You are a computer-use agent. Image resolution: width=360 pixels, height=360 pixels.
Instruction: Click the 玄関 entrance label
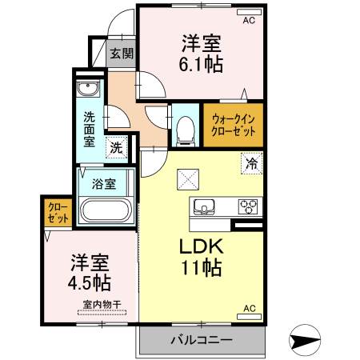tap(122, 54)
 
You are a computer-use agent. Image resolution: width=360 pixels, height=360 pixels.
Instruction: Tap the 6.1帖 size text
tap(202, 62)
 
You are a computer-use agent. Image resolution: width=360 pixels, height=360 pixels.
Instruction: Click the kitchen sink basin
tap(203, 206)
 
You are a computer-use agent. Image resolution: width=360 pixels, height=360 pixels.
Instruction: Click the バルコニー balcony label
tap(201, 340)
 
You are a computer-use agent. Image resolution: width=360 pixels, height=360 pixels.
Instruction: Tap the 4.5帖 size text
tap(90, 282)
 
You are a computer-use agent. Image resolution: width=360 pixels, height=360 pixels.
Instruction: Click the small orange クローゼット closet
tap(58, 212)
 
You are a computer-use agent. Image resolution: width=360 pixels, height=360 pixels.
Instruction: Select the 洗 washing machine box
tap(117, 147)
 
